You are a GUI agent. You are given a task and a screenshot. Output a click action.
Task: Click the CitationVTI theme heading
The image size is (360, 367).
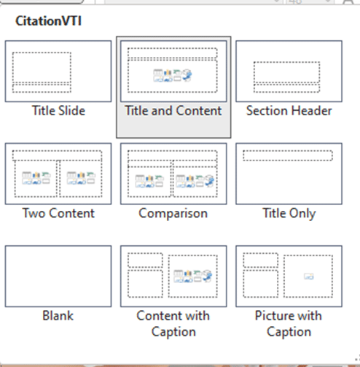pos(49,21)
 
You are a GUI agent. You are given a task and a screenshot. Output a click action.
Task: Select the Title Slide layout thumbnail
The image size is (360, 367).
pos(58,72)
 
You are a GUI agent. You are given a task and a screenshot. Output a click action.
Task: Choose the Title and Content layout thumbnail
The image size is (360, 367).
pos(173,72)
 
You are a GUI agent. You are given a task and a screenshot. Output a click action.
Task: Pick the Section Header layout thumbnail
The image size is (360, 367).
pos(289,72)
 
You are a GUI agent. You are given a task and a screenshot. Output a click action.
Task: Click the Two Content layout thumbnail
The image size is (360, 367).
pos(58,174)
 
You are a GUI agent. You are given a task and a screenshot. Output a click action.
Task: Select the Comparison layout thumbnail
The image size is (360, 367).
pos(173,174)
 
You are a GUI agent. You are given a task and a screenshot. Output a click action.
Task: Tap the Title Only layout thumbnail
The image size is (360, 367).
pos(289,174)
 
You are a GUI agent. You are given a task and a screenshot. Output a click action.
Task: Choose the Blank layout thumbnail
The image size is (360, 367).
pos(58,277)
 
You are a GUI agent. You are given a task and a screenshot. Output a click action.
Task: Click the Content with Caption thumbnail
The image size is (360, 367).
pos(173,277)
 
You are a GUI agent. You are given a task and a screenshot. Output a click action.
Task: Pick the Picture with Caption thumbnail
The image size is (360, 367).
pos(289,277)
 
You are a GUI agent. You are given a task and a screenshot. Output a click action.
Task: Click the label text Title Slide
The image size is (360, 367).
pos(58,111)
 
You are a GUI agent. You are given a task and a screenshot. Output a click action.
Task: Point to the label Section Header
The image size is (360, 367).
pos(289,111)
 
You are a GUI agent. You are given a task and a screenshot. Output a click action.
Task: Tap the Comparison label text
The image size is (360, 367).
pos(173,214)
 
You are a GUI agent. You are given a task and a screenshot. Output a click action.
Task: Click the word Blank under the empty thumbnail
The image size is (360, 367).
pos(58,316)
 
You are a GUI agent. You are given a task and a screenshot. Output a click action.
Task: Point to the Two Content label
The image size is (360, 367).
pos(58,213)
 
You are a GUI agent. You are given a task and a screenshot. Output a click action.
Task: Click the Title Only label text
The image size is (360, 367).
pos(289,214)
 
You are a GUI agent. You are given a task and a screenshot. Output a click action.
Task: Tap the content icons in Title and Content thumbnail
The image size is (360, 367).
pos(173,75)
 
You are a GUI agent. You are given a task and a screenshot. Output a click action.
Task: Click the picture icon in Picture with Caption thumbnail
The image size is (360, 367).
pos(309,277)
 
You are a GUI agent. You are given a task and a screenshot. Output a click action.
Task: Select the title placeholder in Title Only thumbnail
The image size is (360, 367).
pos(288,155)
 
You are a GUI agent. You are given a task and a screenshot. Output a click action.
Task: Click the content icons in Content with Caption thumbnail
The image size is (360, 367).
pos(193,277)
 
